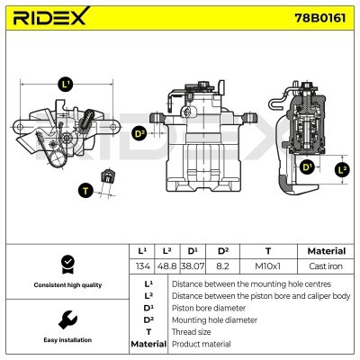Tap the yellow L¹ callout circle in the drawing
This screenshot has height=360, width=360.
pos(65,84)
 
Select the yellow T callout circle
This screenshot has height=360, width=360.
pos(85,190)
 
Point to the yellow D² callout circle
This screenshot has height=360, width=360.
pos(139,134)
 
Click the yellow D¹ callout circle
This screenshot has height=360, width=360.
pos(306,166)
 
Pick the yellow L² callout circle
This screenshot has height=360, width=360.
pos(341,168)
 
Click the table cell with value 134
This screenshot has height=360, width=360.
pos(142,266)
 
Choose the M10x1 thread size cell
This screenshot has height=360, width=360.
pos(267,266)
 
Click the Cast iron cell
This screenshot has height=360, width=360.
pos(326,266)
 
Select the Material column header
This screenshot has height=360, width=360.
pos(326,251)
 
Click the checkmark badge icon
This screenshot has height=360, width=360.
pos(66,264)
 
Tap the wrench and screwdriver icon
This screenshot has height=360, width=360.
pos(66,319)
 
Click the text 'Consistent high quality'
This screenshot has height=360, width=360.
pos(66,285)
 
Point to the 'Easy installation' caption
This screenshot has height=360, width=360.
pos(66,340)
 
